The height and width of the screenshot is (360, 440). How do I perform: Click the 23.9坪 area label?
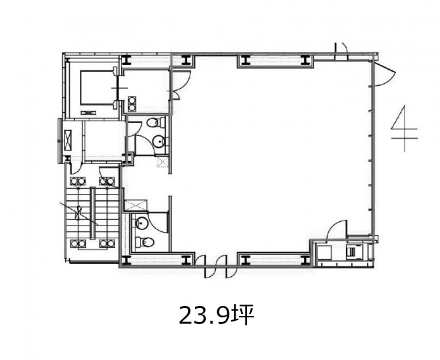tap(217, 315)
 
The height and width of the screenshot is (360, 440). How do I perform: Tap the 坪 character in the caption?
tap(243, 315)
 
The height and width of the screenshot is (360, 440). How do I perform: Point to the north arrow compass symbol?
tap(404, 129)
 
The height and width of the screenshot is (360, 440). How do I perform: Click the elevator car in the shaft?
tap(96, 87)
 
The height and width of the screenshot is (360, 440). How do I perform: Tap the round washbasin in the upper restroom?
tap(159, 141)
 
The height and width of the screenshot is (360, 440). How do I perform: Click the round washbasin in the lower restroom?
tap(141, 223)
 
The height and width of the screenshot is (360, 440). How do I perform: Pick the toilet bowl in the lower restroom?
tap(144, 242)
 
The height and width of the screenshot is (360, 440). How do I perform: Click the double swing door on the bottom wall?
tap(216, 267)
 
